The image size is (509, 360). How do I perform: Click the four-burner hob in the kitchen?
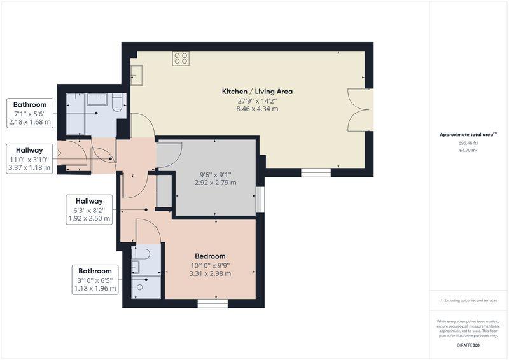click(x=181, y=59)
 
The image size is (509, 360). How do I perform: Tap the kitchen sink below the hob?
click(x=137, y=74)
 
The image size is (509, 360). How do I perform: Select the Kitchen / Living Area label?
click(x=257, y=92)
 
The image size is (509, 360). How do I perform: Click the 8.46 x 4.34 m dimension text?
click(x=257, y=109)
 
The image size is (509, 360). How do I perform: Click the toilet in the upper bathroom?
click(x=117, y=102)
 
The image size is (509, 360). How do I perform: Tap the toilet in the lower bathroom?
click(x=140, y=254)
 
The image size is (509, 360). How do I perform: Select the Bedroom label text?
click(x=210, y=256)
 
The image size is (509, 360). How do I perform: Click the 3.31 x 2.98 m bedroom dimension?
click(x=210, y=273)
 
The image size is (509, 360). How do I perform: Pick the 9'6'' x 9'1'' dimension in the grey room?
click(x=216, y=174)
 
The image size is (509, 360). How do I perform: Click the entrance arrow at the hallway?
click(x=59, y=153)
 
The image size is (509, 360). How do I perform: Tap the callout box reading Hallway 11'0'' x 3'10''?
click(x=29, y=159)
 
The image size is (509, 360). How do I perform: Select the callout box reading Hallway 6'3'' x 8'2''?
click(x=89, y=209)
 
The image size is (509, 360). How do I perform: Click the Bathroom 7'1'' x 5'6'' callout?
click(x=29, y=113)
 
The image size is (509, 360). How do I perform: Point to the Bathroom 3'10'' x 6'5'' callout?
click(x=95, y=280)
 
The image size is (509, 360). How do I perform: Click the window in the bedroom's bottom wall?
click(x=213, y=303)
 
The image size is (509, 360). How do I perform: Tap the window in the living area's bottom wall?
click(x=316, y=172)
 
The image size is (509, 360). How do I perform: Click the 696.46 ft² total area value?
click(x=468, y=143)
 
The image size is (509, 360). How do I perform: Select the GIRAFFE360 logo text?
click(x=468, y=345)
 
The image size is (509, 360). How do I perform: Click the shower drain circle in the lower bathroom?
click(x=140, y=287)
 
